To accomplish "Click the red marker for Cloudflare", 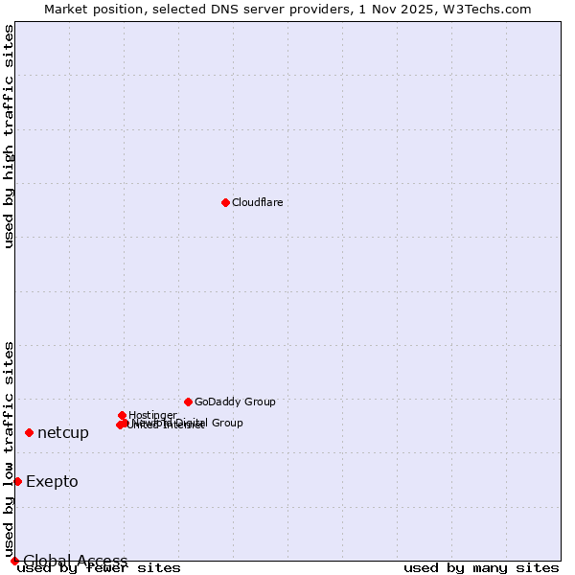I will click(225, 202).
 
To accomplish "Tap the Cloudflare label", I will click(257, 202).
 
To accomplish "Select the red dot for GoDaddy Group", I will click(188, 402).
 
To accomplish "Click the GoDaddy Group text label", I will click(235, 402).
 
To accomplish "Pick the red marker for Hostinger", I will click(122, 415).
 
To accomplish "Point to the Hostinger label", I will click(152, 415).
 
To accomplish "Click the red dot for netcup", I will click(29, 432).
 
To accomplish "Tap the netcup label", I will click(63, 433).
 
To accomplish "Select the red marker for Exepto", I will click(17, 481).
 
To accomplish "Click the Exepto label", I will click(52, 482).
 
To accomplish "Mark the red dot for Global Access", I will click(14, 561).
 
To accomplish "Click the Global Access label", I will click(76, 561).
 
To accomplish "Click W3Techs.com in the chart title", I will click(495, 9).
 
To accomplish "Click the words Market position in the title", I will click(86, 9).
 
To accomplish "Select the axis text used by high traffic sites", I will click(10, 136).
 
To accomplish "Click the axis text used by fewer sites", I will click(99, 568).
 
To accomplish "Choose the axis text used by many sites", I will click(481, 568).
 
